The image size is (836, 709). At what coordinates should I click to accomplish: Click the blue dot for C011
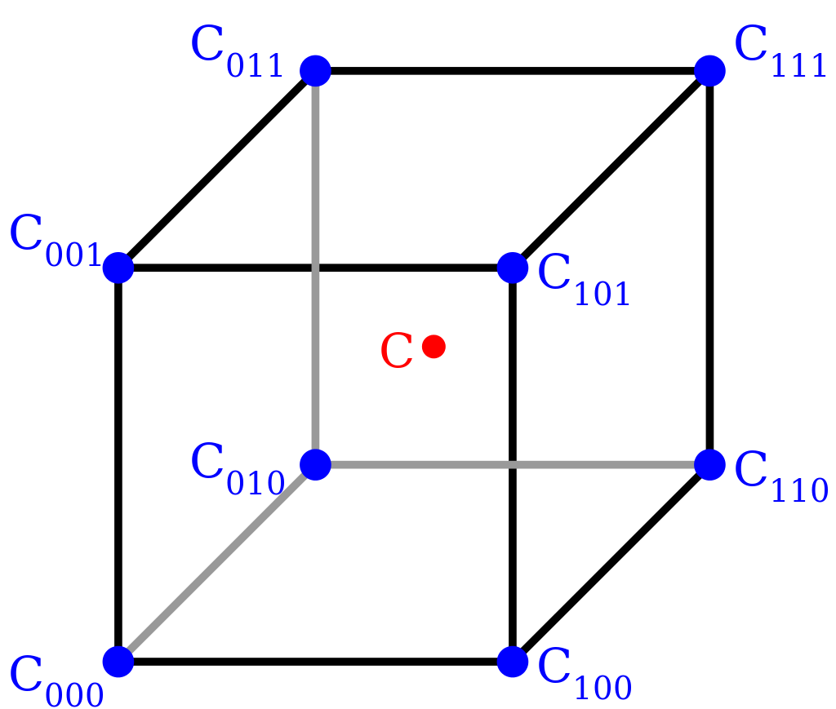[x=315, y=71]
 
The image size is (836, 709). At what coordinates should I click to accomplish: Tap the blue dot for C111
[x=709, y=71]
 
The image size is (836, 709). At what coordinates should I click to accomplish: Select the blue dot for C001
[x=118, y=268]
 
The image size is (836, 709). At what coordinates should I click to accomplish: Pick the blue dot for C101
[x=513, y=268]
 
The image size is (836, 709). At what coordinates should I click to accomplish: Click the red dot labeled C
[x=434, y=347]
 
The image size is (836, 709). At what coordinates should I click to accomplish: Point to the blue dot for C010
[x=315, y=464]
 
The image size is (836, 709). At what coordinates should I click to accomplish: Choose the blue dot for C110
[x=709, y=464]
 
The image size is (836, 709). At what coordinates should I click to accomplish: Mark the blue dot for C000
[x=118, y=662]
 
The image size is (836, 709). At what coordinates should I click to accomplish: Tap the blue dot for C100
[x=513, y=662]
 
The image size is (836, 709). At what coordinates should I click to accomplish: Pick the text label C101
[x=584, y=281]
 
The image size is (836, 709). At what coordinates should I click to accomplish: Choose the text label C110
[x=780, y=477]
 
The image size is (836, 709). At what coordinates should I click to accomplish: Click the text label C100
[x=584, y=676]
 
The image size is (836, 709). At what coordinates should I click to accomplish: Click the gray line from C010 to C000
[x=216, y=563]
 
